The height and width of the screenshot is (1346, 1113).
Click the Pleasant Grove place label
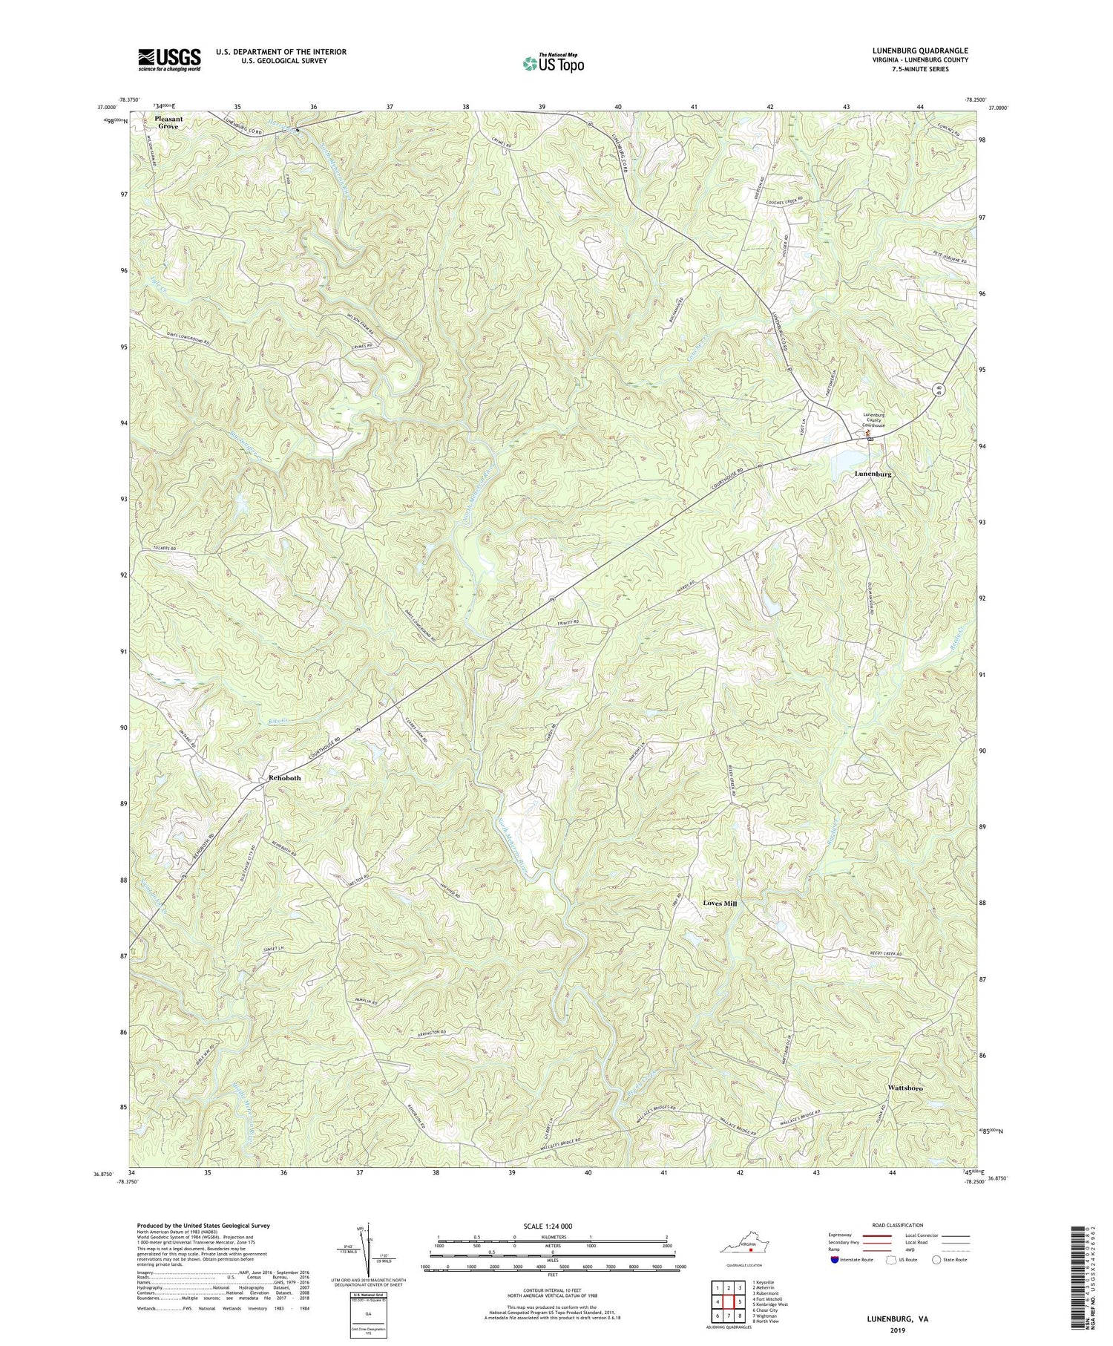point(167,122)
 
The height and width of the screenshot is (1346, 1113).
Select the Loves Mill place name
point(720,904)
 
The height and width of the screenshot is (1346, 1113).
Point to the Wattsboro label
point(905,1088)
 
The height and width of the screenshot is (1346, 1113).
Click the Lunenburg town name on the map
point(873,473)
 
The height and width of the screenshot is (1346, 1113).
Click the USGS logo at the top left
point(168,59)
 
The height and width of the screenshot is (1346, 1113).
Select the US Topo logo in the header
point(552,64)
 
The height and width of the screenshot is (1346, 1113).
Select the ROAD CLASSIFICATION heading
point(898,1225)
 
